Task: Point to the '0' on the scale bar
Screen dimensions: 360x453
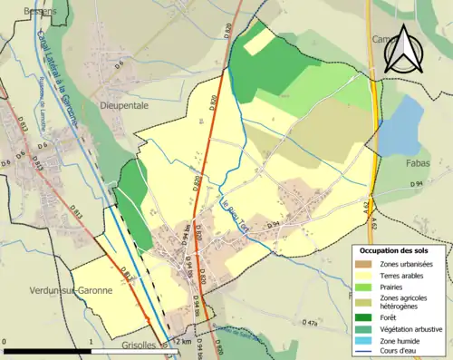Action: pyautogui.click(x=5, y=340)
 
